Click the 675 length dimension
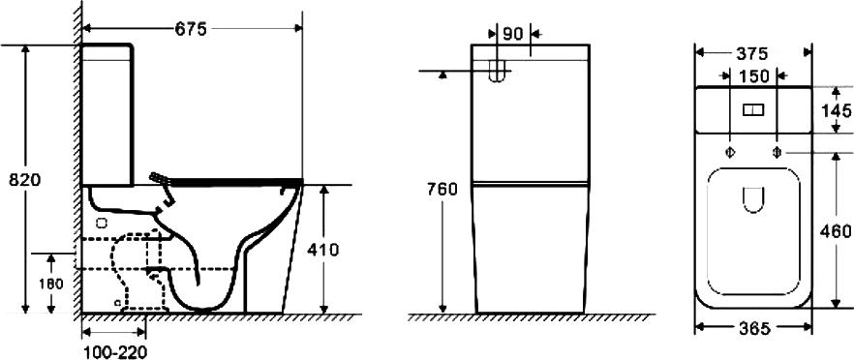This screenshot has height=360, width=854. click(191, 29)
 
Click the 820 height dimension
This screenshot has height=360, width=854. click(24, 180)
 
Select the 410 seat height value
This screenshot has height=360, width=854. click(323, 250)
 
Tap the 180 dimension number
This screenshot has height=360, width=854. click(51, 284)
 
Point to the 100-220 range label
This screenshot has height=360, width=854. click(114, 352)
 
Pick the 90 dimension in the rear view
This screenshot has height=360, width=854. click(512, 34)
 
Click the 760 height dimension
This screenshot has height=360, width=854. click(442, 190)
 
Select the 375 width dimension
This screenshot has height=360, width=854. click(752, 54)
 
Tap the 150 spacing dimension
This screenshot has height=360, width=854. click(753, 76)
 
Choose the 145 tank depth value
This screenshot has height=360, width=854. click(838, 110)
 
